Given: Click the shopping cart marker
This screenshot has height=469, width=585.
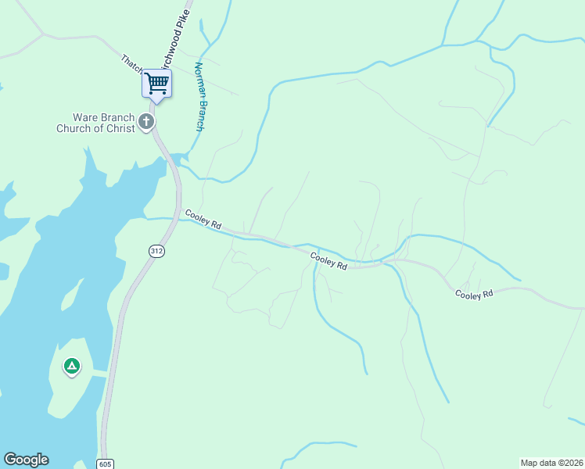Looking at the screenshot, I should tap(156, 83).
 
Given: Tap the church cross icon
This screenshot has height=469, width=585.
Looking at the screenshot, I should tap(146, 121).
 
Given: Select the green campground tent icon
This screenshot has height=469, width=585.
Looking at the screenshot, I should tap(71, 366).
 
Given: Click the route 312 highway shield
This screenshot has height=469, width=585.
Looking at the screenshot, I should tap(157, 250).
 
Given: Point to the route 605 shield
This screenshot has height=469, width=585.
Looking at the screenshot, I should tap(106, 464).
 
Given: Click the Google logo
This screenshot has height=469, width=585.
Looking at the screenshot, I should tap(26, 460).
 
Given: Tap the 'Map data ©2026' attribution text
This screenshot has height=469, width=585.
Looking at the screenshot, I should tap(551, 462).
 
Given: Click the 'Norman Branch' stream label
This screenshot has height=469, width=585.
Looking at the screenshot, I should tap(199, 96).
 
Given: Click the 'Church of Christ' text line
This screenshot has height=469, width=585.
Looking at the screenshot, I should tap(95, 128).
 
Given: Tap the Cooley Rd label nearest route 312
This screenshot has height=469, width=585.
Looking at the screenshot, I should tap(203, 219).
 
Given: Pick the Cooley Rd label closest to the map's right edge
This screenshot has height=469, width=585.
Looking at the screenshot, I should tap(475, 294).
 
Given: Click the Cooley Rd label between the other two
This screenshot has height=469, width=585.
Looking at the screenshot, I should tap(328, 261).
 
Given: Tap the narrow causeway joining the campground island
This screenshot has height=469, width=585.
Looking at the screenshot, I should tap(98, 374).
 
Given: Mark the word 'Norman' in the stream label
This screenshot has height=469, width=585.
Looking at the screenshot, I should tap(199, 78).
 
